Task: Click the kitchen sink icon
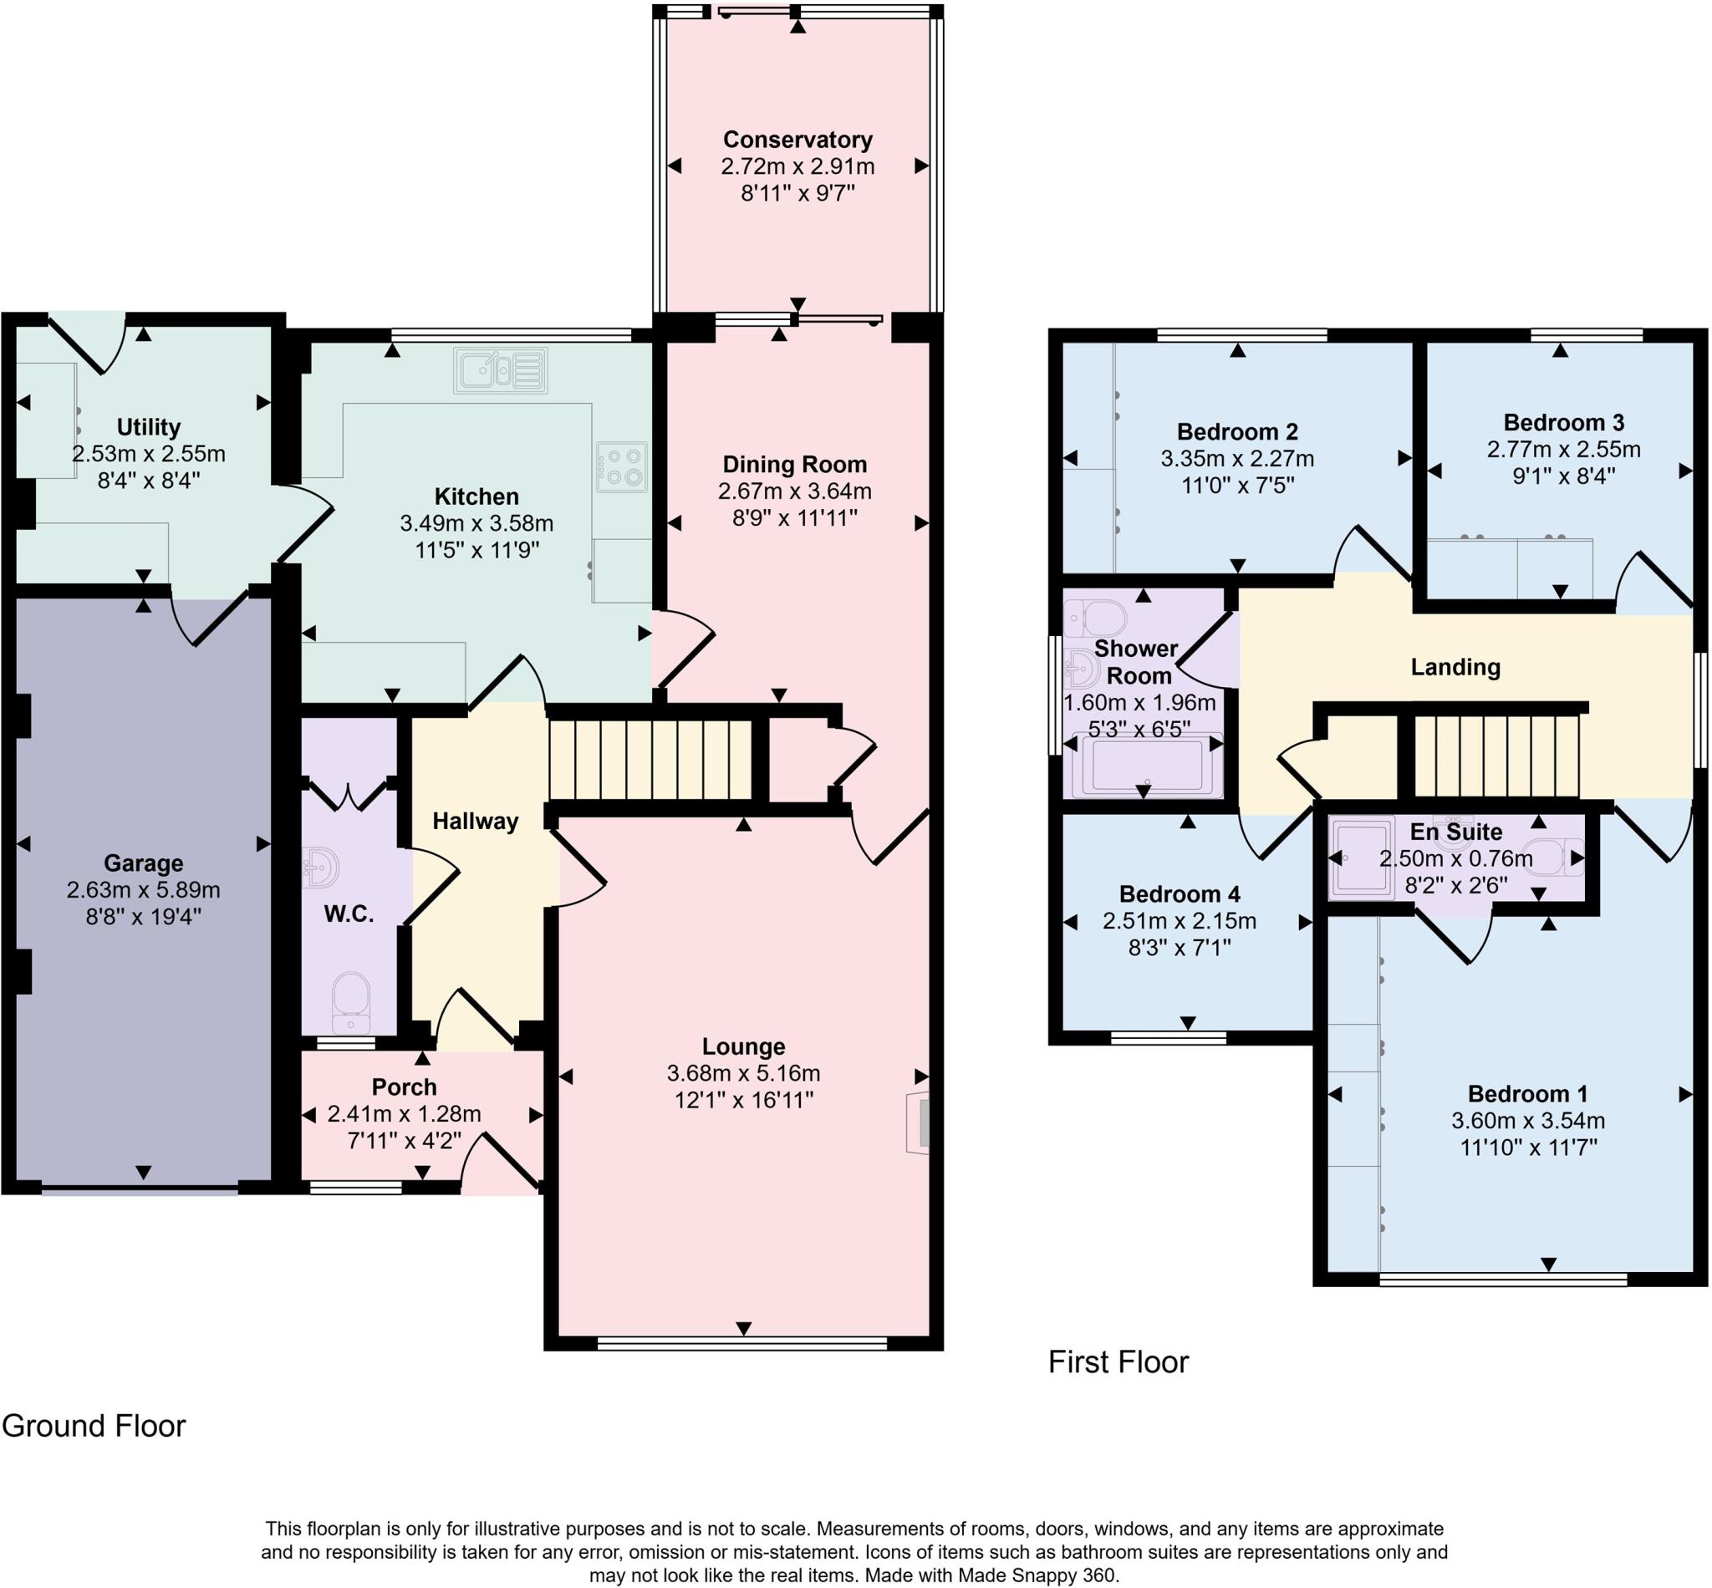coord(500,370)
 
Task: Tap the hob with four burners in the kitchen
coord(621,466)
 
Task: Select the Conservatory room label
coord(797,140)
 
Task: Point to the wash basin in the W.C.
coord(322,868)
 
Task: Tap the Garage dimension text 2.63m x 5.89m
coord(143,890)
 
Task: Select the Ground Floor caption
coord(94,1426)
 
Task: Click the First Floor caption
coord(1118,1362)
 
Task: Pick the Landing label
coord(1455,668)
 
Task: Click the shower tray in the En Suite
coord(1362,858)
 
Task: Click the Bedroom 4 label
coord(1179,894)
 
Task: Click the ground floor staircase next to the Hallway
coord(650,760)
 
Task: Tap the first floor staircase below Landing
coord(1496,756)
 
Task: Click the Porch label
coord(404,1087)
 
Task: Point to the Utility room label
coord(148,427)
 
